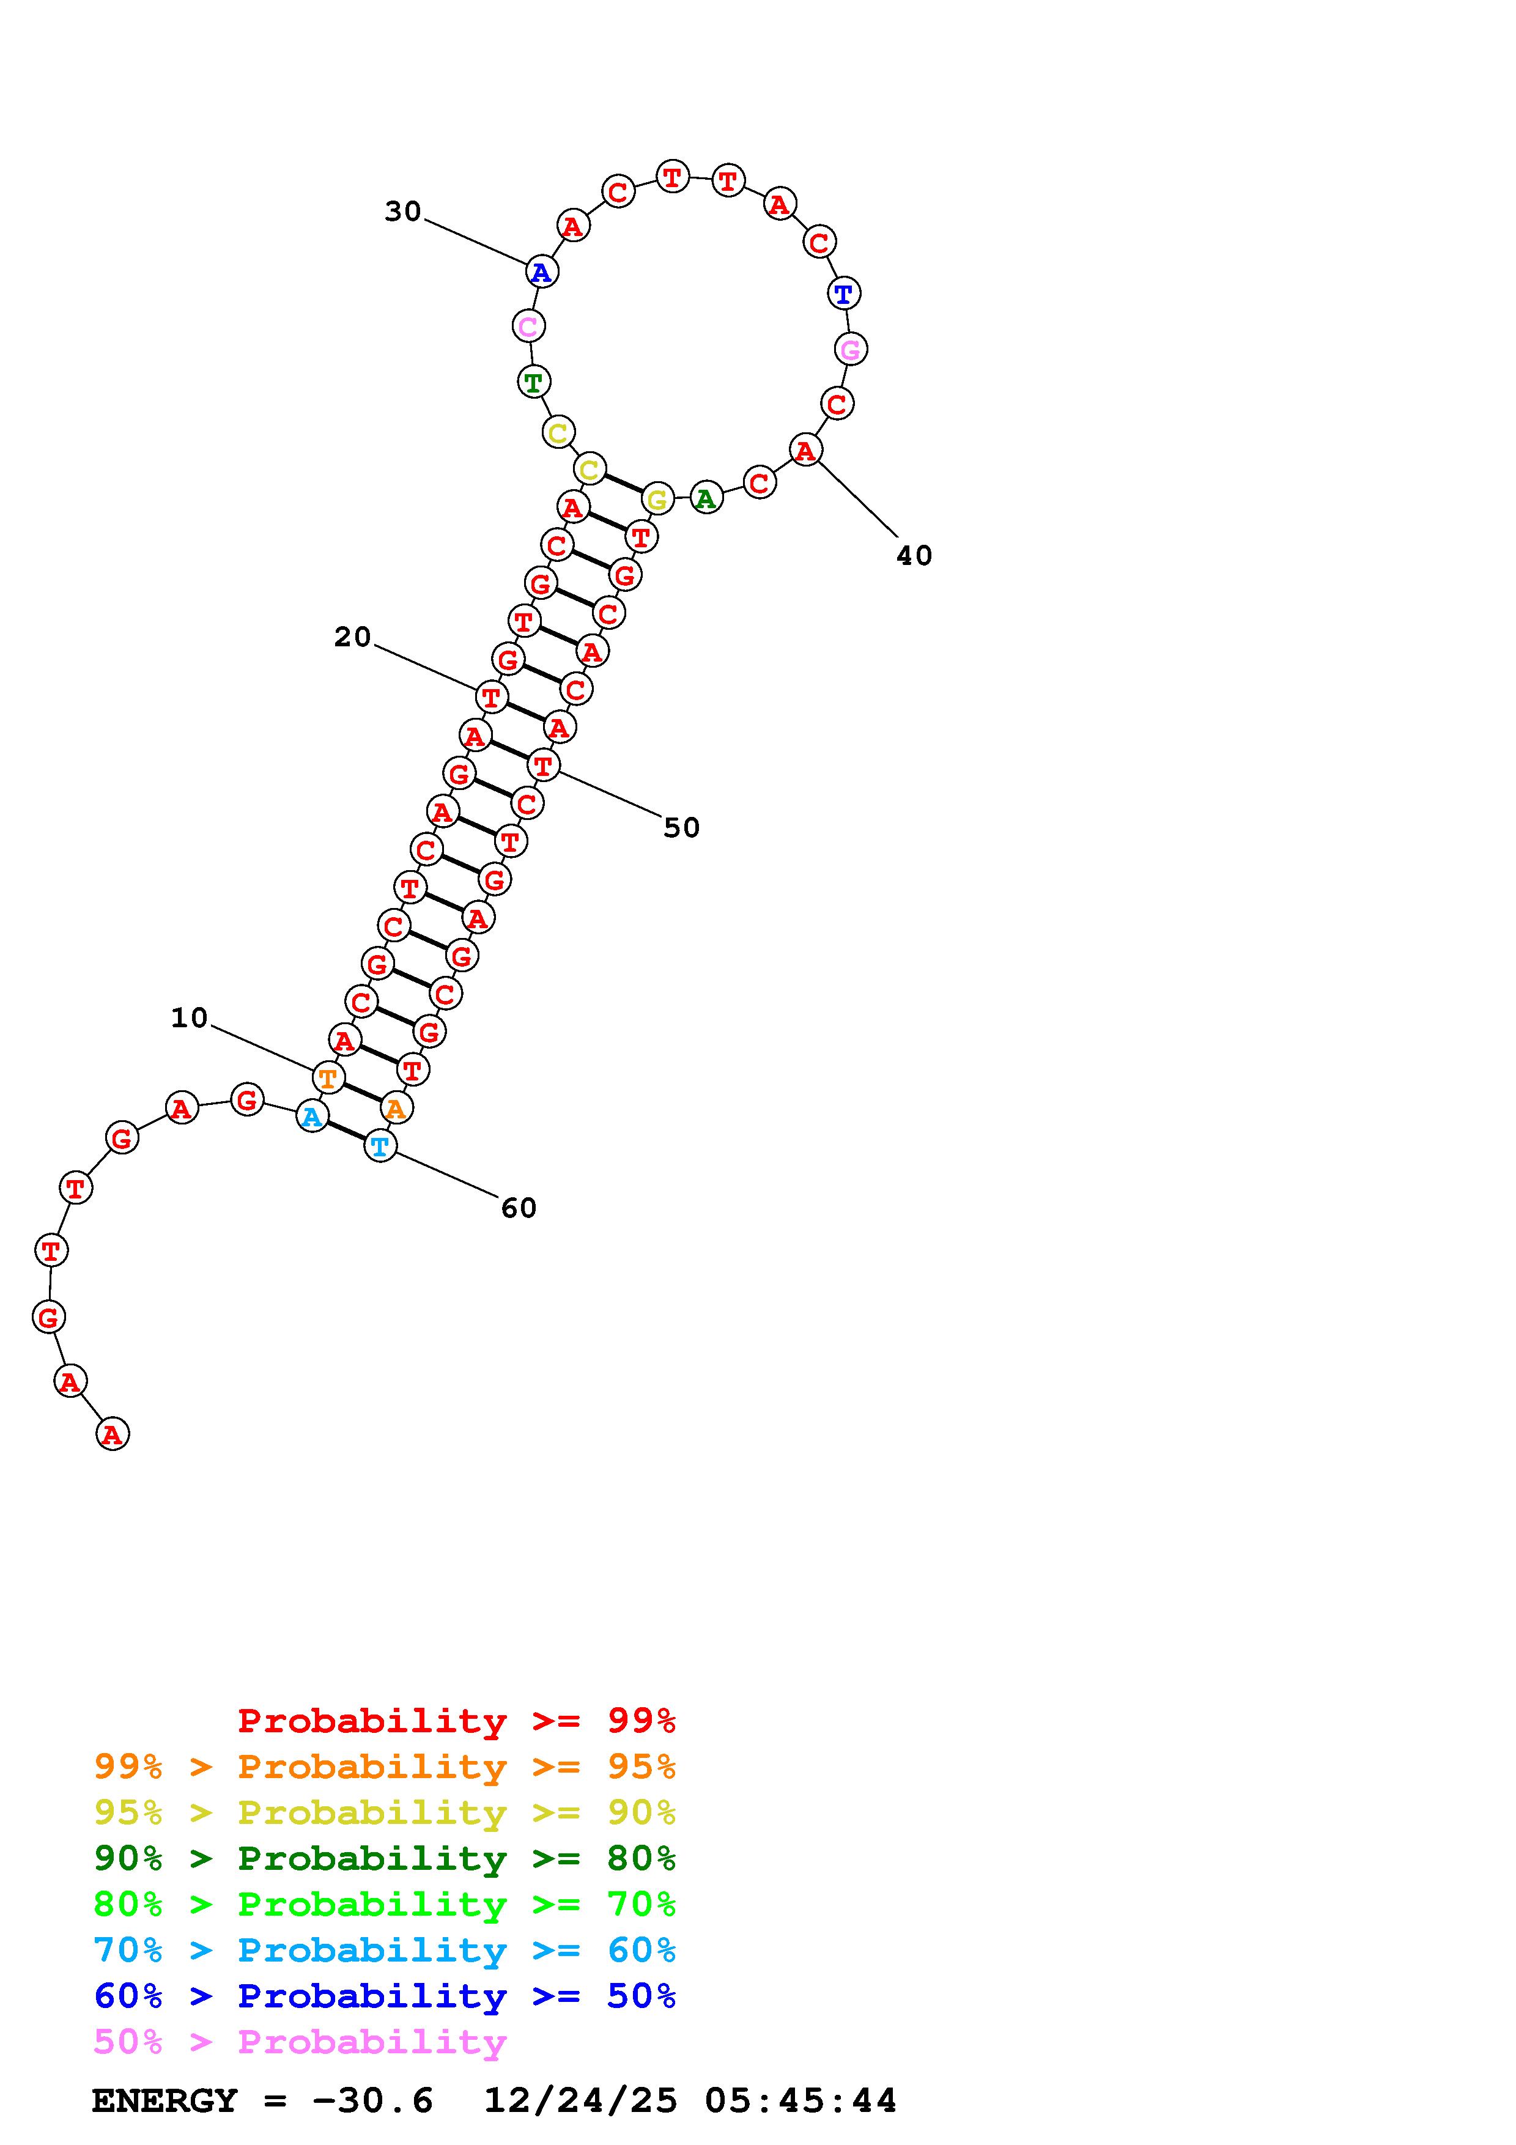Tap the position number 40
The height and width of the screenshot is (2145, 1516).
coord(914,556)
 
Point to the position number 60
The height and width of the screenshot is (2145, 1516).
coord(519,1208)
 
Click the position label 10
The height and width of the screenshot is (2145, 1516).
coord(189,1017)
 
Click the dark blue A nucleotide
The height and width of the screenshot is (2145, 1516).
coord(541,273)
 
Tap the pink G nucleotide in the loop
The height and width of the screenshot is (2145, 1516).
coord(850,349)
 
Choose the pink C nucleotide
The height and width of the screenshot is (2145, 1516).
coord(529,326)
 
